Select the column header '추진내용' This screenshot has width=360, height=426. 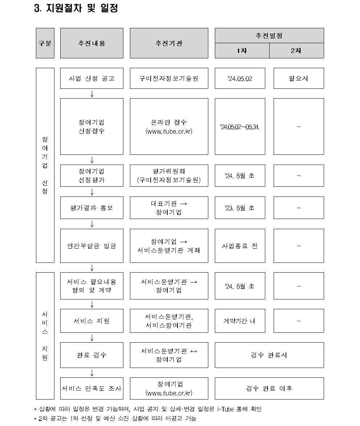[91, 43]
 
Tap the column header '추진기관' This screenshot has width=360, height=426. [169, 43]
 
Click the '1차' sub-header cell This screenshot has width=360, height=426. [242, 51]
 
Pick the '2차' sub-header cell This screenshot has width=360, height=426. [296, 51]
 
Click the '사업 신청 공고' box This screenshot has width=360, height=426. [91, 78]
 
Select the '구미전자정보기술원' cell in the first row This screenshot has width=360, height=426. [169, 78]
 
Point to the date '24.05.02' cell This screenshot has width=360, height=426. [240, 78]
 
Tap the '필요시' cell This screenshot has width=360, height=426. [298, 78]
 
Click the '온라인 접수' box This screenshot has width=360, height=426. [169, 127]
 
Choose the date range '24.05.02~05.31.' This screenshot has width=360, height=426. [240, 127]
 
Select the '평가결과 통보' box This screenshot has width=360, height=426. [91, 208]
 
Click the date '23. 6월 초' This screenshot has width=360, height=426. [240, 208]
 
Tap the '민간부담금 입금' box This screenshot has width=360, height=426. [91, 246]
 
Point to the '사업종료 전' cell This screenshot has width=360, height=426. [240, 246]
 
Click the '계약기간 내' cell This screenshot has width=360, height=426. [240, 321]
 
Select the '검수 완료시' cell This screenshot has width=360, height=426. [269, 355]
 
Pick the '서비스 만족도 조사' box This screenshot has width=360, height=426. [91, 388]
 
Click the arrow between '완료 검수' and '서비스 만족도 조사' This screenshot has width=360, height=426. [92, 373]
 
